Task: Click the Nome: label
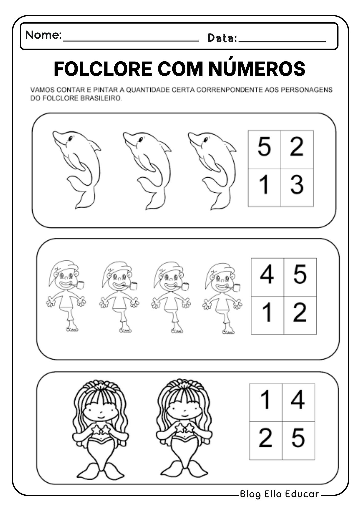[43, 35]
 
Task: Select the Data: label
[222, 38]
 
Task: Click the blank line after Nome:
[130, 41]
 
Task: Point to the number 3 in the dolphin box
[297, 184]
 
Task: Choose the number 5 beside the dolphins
[264, 146]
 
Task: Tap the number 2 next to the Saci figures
[300, 312]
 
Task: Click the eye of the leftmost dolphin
[70, 138]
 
